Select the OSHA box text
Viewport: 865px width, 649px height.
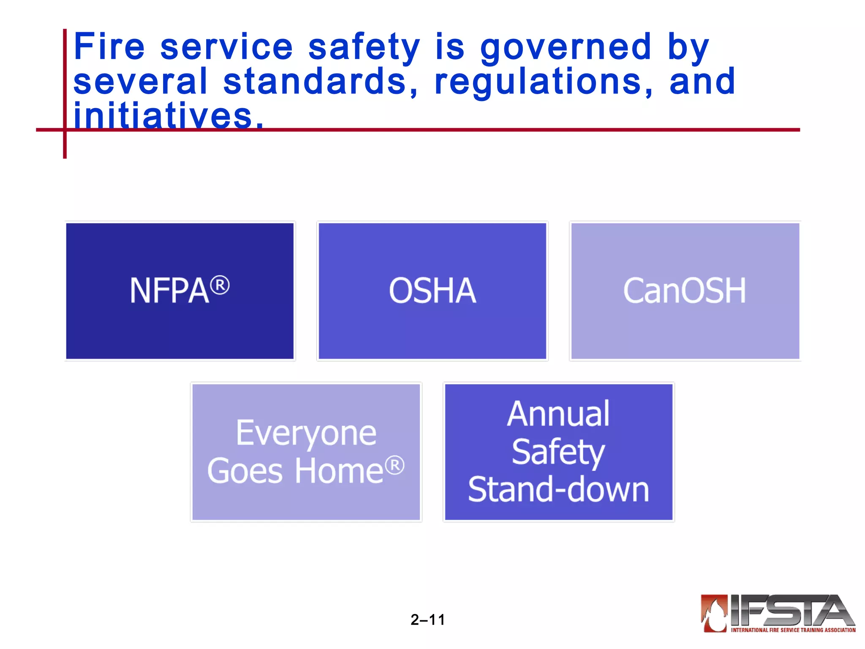432,291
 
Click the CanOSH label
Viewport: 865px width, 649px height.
685,291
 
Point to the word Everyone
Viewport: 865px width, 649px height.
306,434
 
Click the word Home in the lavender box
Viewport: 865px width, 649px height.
339,471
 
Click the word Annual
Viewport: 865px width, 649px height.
558,414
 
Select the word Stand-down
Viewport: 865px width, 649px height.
558,489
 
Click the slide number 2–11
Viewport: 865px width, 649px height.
427,620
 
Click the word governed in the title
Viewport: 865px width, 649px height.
566,47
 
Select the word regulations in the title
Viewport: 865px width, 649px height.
543,82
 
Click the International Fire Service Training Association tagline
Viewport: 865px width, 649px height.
793,630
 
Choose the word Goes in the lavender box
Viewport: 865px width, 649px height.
245,471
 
